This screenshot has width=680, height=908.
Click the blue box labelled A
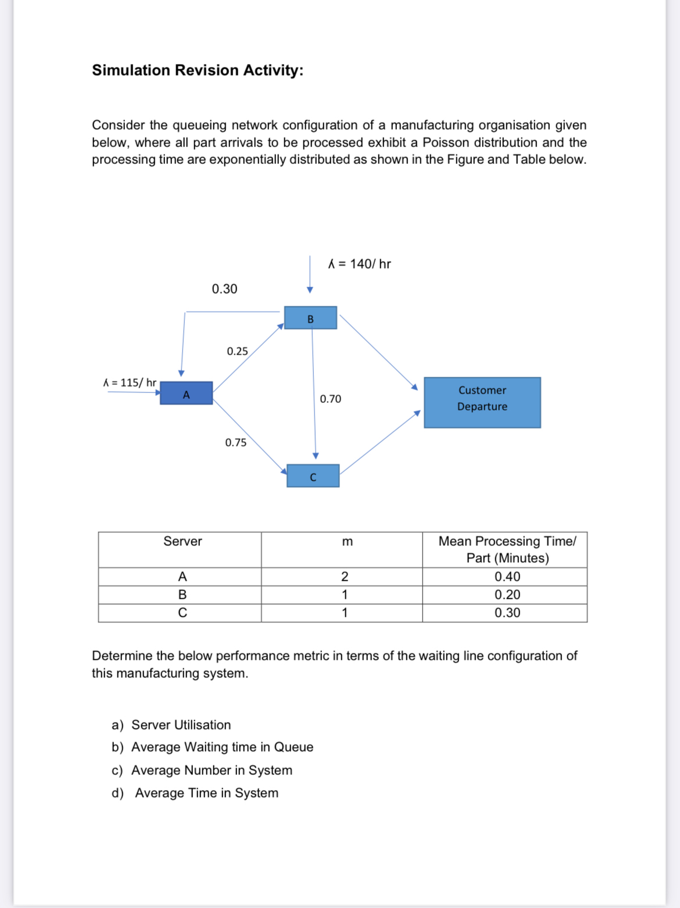(x=186, y=394)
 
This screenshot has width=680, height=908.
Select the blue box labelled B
(x=310, y=318)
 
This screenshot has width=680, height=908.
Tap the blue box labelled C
(x=313, y=476)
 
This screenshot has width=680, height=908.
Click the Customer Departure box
(x=482, y=402)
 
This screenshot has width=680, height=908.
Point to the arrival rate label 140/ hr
(x=360, y=264)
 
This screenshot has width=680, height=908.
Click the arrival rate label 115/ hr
(x=130, y=382)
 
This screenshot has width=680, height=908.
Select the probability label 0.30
(x=224, y=289)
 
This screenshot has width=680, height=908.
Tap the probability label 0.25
(x=237, y=351)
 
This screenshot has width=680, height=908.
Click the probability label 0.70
(x=330, y=399)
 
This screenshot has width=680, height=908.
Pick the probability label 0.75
(x=235, y=442)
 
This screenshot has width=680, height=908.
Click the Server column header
(x=182, y=541)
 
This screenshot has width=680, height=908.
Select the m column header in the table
(x=347, y=542)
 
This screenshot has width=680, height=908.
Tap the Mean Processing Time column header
(x=507, y=549)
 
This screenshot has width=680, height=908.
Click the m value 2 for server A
(x=345, y=577)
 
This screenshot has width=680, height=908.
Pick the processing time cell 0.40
(x=507, y=577)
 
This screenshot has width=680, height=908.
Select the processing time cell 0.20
(x=507, y=595)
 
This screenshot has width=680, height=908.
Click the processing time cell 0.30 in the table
(x=507, y=613)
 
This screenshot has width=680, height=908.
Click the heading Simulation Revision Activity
(x=198, y=70)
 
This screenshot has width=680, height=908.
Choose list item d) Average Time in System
(x=195, y=793)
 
